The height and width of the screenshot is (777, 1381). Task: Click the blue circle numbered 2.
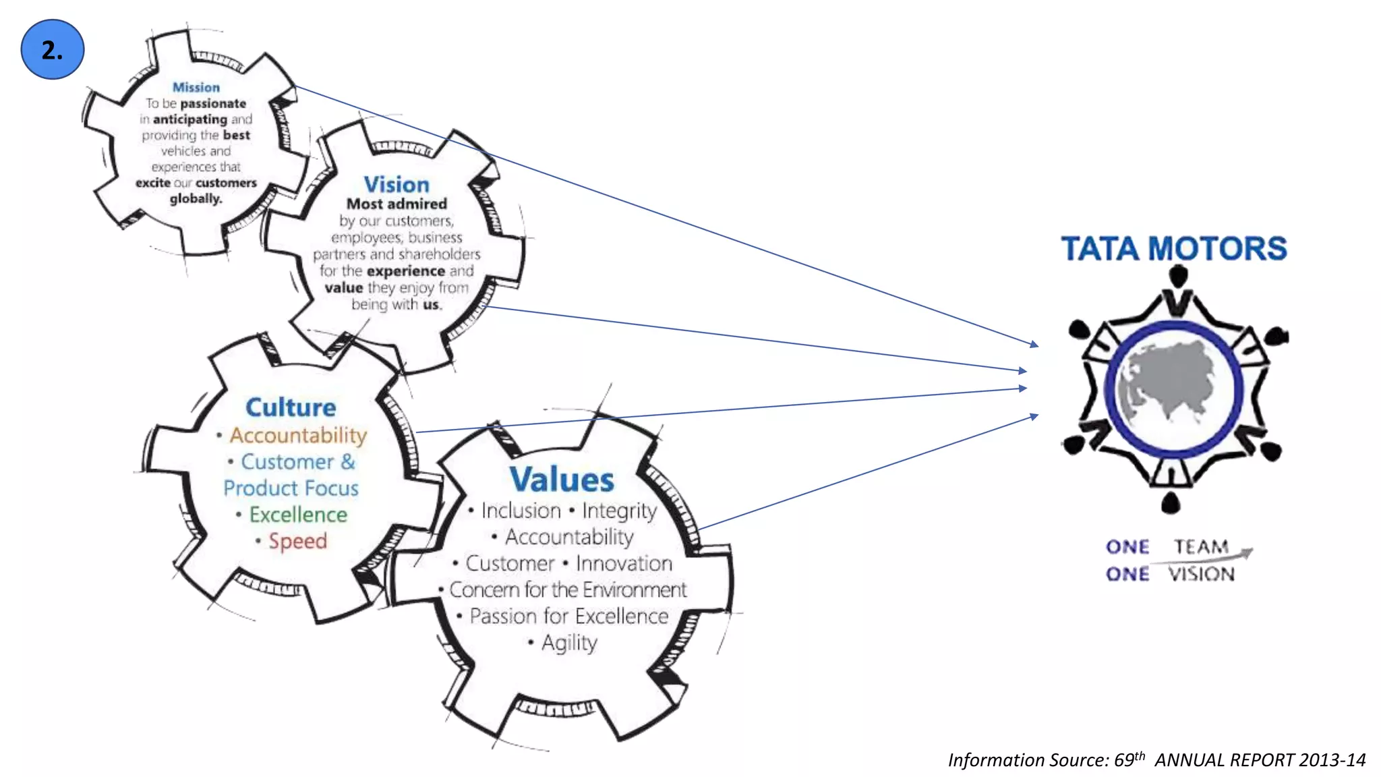tap(53, 49)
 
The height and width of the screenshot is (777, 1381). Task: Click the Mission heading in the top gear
tap(196, 87)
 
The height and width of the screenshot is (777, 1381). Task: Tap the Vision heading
tap(396, 184)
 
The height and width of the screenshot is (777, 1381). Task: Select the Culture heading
tap(291, 407)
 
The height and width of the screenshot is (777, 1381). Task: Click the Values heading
tap(562, 480)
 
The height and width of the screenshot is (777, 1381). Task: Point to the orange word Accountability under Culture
tap(298, 436)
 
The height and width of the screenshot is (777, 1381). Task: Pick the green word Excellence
tap(298, 515)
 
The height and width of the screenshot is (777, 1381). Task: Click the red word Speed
tap(297, 541)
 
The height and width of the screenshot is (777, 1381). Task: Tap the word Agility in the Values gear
tap(569, 643)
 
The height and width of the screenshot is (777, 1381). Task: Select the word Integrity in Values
tap(619, 511)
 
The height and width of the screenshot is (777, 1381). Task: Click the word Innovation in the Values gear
tap(624, 563)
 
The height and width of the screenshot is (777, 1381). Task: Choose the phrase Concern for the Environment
tap(568, 589)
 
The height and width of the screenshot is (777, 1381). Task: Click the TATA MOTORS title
tap(1174, 248)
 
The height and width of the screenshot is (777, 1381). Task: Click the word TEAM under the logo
tap(1201, 546)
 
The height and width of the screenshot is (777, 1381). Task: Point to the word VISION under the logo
tap(1202, 574)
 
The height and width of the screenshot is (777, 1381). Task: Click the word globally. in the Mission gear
tap(196, 198)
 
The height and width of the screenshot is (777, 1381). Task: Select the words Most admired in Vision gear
tap(396, 204)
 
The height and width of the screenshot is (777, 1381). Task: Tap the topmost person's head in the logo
tap(1177, 275)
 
